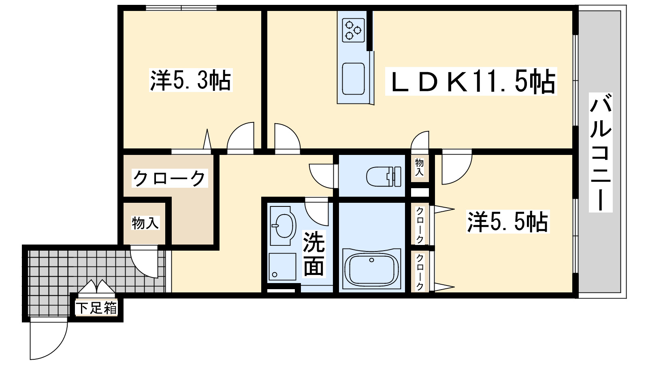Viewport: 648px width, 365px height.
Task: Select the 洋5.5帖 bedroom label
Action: click(508, 222)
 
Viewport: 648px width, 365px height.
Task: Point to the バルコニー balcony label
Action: click(601, 152)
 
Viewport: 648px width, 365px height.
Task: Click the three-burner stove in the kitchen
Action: click(353, 30)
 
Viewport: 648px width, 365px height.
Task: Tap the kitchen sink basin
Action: click(353, 79)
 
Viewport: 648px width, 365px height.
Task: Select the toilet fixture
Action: click(384, 176)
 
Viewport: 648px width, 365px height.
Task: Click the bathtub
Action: click(371, 269)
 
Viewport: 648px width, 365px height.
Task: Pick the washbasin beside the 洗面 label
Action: click(282, 226)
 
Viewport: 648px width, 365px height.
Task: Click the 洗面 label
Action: click(314, 254)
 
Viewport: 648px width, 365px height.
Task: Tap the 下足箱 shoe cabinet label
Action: click(96, 308)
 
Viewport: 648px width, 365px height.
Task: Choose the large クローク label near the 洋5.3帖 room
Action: click(170, 178)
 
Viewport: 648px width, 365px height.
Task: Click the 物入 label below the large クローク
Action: click(145, 223)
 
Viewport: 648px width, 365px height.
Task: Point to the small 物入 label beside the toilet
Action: click(420, 167)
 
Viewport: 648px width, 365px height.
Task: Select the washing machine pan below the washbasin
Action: click(282, 266)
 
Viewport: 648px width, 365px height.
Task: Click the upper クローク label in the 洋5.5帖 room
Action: click(420, 225)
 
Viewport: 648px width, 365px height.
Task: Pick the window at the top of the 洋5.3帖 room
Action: click(181, 8)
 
